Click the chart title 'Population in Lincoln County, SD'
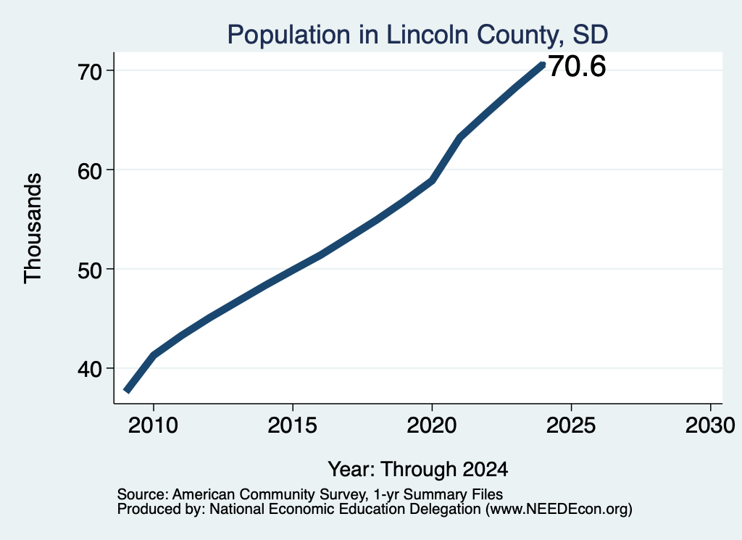(417, 35)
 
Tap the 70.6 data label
(577, 66)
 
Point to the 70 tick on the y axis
(90, 71)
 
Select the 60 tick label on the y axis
(90, 170)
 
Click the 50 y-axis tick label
(90, 270)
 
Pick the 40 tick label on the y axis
(90, 368)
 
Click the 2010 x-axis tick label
(153, 425)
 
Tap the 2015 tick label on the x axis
(293, 425)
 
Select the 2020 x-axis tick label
(432, 425)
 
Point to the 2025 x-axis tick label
(571, 425)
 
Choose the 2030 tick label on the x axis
(710, 425)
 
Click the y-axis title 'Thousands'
(33, 228)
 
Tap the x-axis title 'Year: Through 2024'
(418, 470)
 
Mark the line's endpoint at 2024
(543, 65)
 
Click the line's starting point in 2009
(126, 391)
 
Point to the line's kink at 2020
(432, 180)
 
